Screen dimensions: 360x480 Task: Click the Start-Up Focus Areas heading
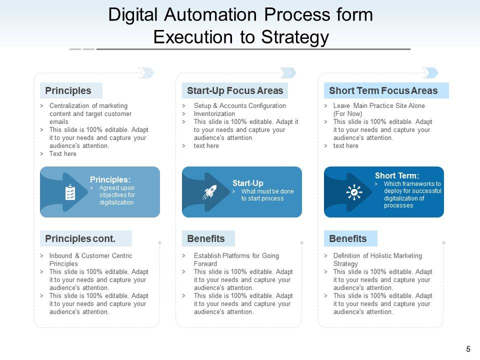click(x=234, y=90)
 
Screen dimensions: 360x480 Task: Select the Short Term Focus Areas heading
click(x=383, y=90)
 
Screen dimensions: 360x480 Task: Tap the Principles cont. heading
click(x=80, y=238)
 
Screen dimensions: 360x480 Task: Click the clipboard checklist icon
click(x=70, y=192)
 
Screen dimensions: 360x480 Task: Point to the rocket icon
click(x=209, y=192)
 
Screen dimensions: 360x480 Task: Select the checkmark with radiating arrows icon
click(x=354, y=192)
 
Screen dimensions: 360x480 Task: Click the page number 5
click(x=468, y=349)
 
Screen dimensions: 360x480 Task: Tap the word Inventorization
click(x=214, y=113)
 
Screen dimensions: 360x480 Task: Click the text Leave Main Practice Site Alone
click(x=378, y=106)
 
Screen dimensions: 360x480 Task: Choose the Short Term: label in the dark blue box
click(x=397, y=175)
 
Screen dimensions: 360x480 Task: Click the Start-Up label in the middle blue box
click(x=247, y=183)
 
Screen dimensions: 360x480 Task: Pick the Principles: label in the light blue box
click(x=110, y=179)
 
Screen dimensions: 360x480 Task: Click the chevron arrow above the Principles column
click(x=146, y=73)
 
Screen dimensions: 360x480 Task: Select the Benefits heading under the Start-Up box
click(x=205, y=238)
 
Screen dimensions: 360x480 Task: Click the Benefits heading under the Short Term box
click(x=347, y=238)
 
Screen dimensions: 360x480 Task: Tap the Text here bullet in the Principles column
click(x=62, y=154)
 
